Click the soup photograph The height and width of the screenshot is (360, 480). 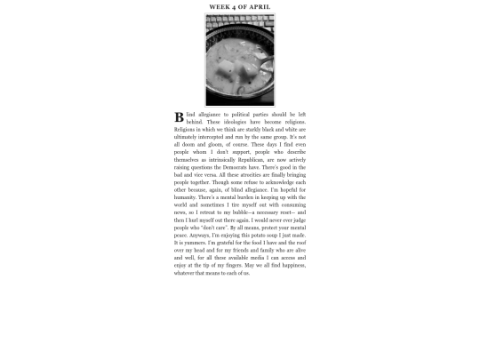(240, 60)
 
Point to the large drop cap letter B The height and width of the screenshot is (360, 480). (180, 117)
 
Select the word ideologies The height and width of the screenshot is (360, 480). (231, 122)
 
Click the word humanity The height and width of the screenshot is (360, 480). (188, 197)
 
